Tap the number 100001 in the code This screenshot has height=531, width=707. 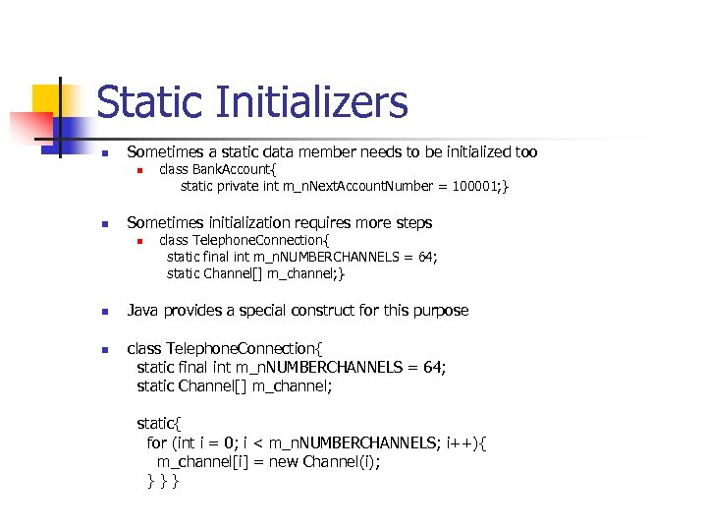coord(473,186)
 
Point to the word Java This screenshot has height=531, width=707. coord(145,311)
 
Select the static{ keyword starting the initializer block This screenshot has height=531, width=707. coord(159,423)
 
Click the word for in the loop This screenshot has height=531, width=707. coord(157,442)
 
